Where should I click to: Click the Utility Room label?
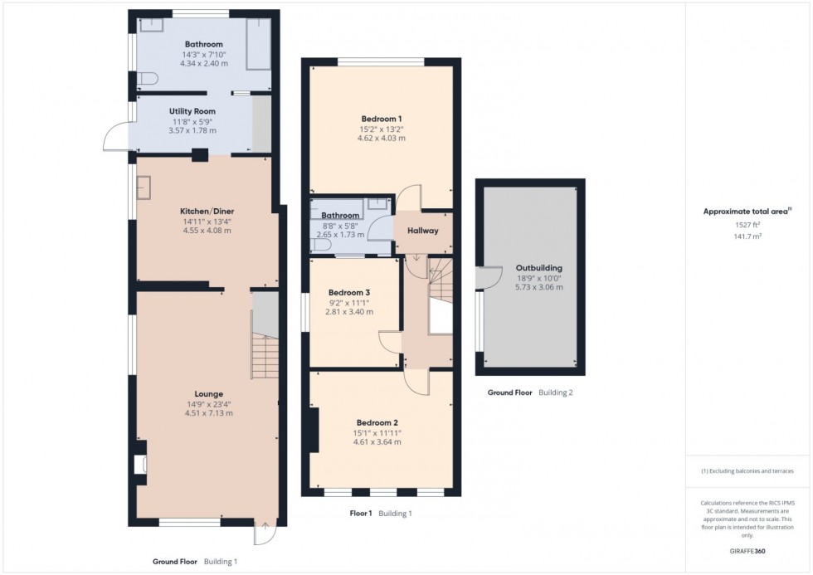click(x=192, y=110)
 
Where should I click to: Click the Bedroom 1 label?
click(x=382, y=118)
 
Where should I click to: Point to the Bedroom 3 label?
click(x=349, y=293)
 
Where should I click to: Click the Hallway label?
click(x=422, y=231)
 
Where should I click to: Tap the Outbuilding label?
click(x=539, y=268)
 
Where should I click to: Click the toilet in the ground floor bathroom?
click(x=147, y=79)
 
